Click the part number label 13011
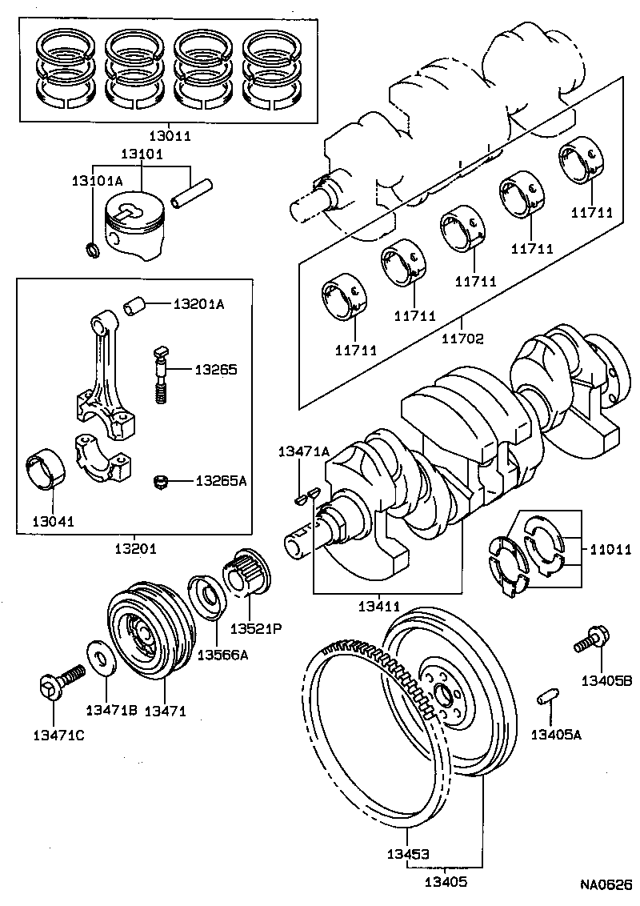(169, 136)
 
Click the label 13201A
(199, 304)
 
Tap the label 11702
(462, 339)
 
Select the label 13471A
(303, 451)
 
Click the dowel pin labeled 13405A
(546, 696)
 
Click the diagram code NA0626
(606, 885)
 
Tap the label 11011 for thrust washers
(610, 550)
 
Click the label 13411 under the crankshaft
(378, 607)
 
